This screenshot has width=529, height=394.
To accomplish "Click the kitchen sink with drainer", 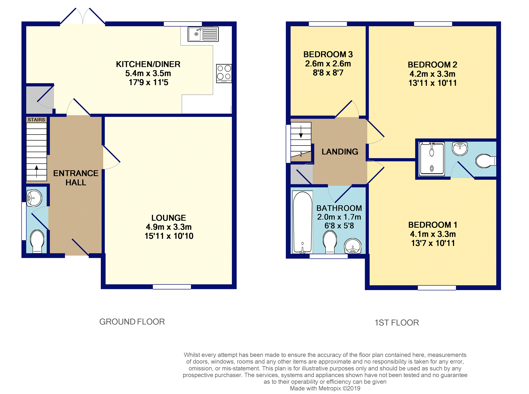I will tap(203, 34).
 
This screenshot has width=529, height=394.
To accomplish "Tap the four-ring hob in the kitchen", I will tap(224, 73).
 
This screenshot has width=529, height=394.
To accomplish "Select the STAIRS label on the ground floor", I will tap(36, 120).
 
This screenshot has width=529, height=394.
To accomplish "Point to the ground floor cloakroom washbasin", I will tap(34, 198).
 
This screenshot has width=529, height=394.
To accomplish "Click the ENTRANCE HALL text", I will tap(76, 178).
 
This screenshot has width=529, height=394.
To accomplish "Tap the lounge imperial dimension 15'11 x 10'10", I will tap(169, 236).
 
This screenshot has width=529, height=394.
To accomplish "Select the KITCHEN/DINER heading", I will tap(148, 64).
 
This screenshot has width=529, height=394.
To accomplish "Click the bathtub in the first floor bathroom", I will tap(303, 222).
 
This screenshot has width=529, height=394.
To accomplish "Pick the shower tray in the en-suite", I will tap(432, 159).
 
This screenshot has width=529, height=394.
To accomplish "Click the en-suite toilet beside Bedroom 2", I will tap(485, 161).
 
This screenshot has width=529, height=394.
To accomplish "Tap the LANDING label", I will tap(340, 152).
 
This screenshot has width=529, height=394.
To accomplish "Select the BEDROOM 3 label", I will tap(328, 54).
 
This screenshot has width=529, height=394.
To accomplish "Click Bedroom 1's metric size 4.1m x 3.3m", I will tap(433, 234).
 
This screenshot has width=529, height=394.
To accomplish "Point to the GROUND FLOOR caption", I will tap(132, 322).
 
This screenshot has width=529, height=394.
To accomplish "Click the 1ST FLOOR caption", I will tap(397, 323).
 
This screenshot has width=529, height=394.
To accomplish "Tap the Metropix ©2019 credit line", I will tap(325, 388).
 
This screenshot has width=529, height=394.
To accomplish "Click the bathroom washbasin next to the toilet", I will tap(353, 246).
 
